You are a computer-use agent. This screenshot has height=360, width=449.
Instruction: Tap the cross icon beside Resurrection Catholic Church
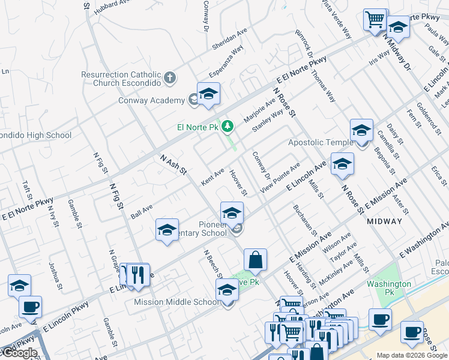click(170, 77)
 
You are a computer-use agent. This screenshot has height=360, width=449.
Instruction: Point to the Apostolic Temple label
click(321, 142)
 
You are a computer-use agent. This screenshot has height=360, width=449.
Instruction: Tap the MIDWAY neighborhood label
click(384, 221)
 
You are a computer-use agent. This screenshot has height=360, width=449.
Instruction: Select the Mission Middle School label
click(176, 302)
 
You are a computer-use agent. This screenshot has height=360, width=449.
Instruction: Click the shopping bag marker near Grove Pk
click(255, 260)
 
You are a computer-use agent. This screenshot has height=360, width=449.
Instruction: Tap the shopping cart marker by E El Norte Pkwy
click(375, 19)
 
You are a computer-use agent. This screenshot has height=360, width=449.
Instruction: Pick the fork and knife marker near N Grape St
click(139, 274)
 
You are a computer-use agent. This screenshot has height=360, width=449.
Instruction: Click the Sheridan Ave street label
click(230, 42)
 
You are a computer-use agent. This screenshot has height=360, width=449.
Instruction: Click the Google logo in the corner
click(19, 353)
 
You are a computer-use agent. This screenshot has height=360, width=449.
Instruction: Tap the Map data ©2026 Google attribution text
click(411, 355)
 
